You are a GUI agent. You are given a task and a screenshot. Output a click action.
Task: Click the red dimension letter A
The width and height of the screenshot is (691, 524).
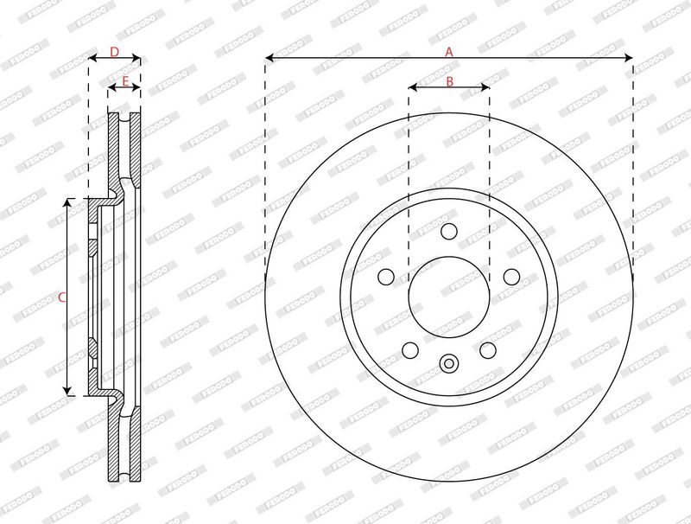click(448, 52)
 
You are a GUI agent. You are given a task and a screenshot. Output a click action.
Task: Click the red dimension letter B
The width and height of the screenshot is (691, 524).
click(449, 81)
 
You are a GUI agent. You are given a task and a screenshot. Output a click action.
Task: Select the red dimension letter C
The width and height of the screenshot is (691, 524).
click(61, 297)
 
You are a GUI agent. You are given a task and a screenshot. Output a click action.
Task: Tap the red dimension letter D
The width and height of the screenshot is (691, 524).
click(115, 52)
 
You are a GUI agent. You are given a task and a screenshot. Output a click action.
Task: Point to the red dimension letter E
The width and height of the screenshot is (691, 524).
click(125, 81)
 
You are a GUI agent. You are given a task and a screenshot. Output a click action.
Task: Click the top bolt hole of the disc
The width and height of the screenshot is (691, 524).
click(449, 231)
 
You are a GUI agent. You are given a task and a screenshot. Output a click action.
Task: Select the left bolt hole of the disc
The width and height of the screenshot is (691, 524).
click(386, 277)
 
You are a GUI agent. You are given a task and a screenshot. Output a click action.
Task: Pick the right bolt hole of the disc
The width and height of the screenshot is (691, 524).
click(511, 277)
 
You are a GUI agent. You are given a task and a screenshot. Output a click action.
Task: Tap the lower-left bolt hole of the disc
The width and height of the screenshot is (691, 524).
click(410, 350)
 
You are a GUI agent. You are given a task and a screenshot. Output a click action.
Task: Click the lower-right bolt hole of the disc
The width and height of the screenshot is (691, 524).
click(488, 350)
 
